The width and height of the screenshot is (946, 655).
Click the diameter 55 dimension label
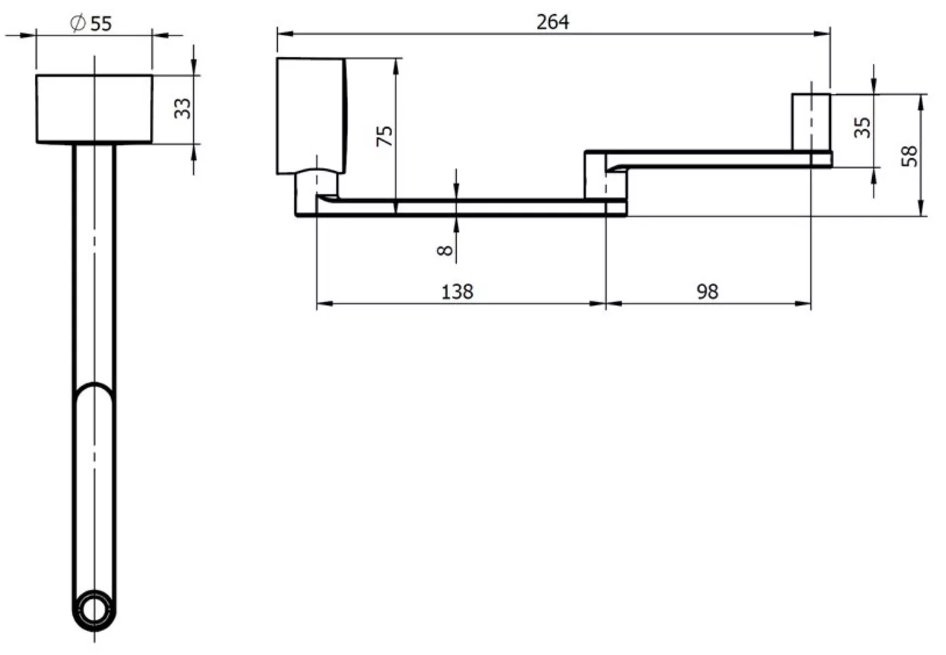(x=91, y=23)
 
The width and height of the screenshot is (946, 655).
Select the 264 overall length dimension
(x=553, y=22)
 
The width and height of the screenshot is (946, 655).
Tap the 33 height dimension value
(x=183, y=109)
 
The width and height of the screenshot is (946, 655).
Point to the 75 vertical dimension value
(x=384, y=136)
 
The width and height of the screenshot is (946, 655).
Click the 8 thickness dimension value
(x=445, y=251)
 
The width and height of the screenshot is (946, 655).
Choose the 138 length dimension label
(x=457, y=292)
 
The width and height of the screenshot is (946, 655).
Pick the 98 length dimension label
(x=707, y=292)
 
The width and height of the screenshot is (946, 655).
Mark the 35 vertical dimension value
(x=862, y=128)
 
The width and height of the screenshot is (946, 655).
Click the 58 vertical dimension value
(x=909, y=156)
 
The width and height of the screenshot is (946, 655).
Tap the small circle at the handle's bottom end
(x=94, y=610)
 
